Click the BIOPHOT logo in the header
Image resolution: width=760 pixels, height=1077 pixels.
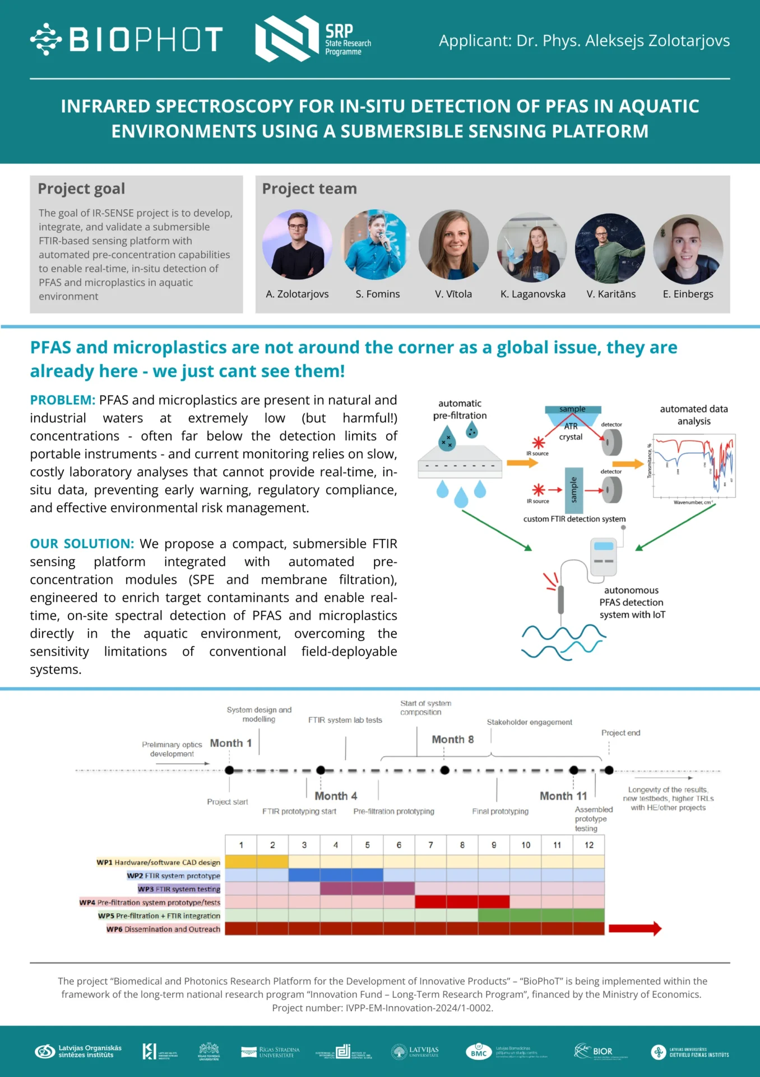click(127, 39)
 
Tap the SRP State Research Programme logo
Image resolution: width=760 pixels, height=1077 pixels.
click(313, 39)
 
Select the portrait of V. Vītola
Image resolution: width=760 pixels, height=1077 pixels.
click(453, 245)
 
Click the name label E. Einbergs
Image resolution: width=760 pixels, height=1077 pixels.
click(688, 294)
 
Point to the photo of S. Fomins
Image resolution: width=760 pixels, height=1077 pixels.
click(377, 245)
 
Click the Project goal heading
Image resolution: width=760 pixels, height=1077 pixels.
click(81, 189)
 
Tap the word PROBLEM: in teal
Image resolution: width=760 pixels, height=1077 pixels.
click(63, 400)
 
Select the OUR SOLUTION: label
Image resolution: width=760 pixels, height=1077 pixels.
click(82, 544)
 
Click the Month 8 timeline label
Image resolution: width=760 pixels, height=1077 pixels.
click(452, 739)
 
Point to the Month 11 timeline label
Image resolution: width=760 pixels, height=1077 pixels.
click(563, 796)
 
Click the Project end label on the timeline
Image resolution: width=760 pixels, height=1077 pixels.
click(620, 733)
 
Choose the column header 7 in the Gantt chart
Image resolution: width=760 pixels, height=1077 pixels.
click(430, 845)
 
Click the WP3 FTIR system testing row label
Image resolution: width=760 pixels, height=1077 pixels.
click(179, 889)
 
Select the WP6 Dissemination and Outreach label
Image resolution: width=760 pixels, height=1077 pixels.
click(164, 929)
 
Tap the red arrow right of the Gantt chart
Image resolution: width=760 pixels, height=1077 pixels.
click(634, 929)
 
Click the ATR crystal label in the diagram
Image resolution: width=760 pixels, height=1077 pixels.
click(571, 431)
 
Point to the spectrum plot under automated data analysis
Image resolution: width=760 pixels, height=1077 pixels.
click(694, 467)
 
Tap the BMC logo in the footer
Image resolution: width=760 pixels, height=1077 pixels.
click(479, 1051)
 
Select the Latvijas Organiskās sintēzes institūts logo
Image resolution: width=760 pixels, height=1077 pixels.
click(78, 1051)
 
